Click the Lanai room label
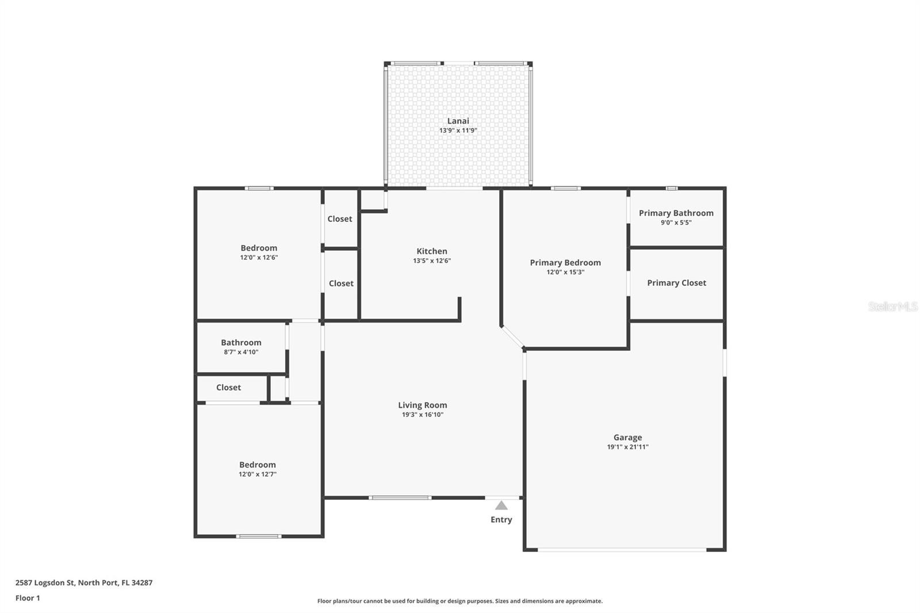[x=458, y=121]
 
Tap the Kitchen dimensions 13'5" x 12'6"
[x=432, y=260]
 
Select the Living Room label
[x=422, y=405]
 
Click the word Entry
[x=501, y=520]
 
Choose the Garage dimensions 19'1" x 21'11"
[x=627, y=447]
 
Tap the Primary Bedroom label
[x=565, y=263]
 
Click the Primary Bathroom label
[x=676, y=213]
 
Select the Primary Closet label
[x=676, y=283]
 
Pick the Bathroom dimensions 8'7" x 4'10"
[x=241, y=352]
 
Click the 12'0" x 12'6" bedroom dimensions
[x=259, y=258]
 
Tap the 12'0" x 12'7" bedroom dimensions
[x=258, y=474]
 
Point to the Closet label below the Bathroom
[x=228, y=388]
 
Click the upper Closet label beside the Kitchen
[x=340, y=219]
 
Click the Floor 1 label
[x=28, y=598]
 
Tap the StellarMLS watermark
[x=892, y=306]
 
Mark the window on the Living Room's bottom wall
[x=400, y=497]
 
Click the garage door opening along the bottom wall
[x=622, y=550]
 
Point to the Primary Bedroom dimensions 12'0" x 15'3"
[x=565, y=272]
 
